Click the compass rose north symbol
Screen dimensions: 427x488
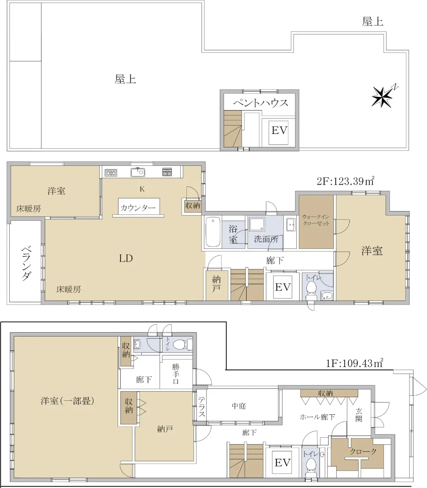pyautogui.click(x=383, y=96)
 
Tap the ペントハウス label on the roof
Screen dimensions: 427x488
pyautogui.click(x=261, y=103)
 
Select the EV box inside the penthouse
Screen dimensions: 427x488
pyautogui.click(x=278, y=133)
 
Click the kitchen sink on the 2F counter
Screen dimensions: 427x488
pyautogui.click(x=138, y=172)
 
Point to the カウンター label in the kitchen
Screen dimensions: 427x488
pyautogui.click(x=138, y=208)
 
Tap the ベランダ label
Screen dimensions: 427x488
pyautogui.click(x=26, y=264)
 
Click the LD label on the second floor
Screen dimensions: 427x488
pyautogui.click(x=126, y=258)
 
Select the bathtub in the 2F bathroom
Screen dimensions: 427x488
pyautogui.click(x=213, y=232)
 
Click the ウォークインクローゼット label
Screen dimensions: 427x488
pyautogui.click(x=316, y=220)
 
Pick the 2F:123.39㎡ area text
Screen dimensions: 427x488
pyautogui.click(x=345, y=181)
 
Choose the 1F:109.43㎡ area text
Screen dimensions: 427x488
pyautogui.click(x=355, y=363)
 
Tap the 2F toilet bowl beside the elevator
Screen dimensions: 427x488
pyautogui.click(x=311, y=289)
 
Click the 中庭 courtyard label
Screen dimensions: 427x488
pyautogui.click(x=239, y=406)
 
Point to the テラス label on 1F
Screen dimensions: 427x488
pyautogui.click(x=201, y=406)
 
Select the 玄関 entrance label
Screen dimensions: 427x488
pyautogui.click(x=359, y=415)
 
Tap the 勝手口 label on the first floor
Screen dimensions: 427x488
pyautogui.click(x=176, y=374)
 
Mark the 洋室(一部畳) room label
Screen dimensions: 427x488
pyautogui.click(x=67, y=401)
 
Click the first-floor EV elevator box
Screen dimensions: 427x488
pyautogui.click(x=282, y=462)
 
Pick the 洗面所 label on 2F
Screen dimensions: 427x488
pyautogui.click(x=266, y=239)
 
